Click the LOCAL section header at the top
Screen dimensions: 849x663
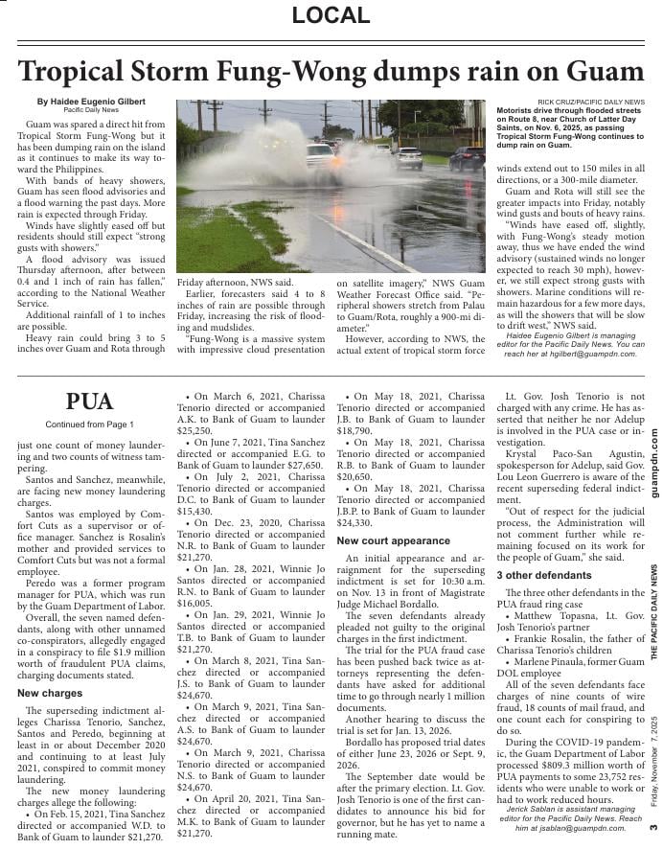(331, 15)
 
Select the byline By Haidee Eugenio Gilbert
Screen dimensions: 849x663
(91, 102)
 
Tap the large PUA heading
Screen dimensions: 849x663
(90, 402)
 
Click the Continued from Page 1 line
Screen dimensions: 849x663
(90, 424)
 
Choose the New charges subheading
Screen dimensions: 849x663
(50, 693)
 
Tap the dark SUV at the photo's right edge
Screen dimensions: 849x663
(467, 157)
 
